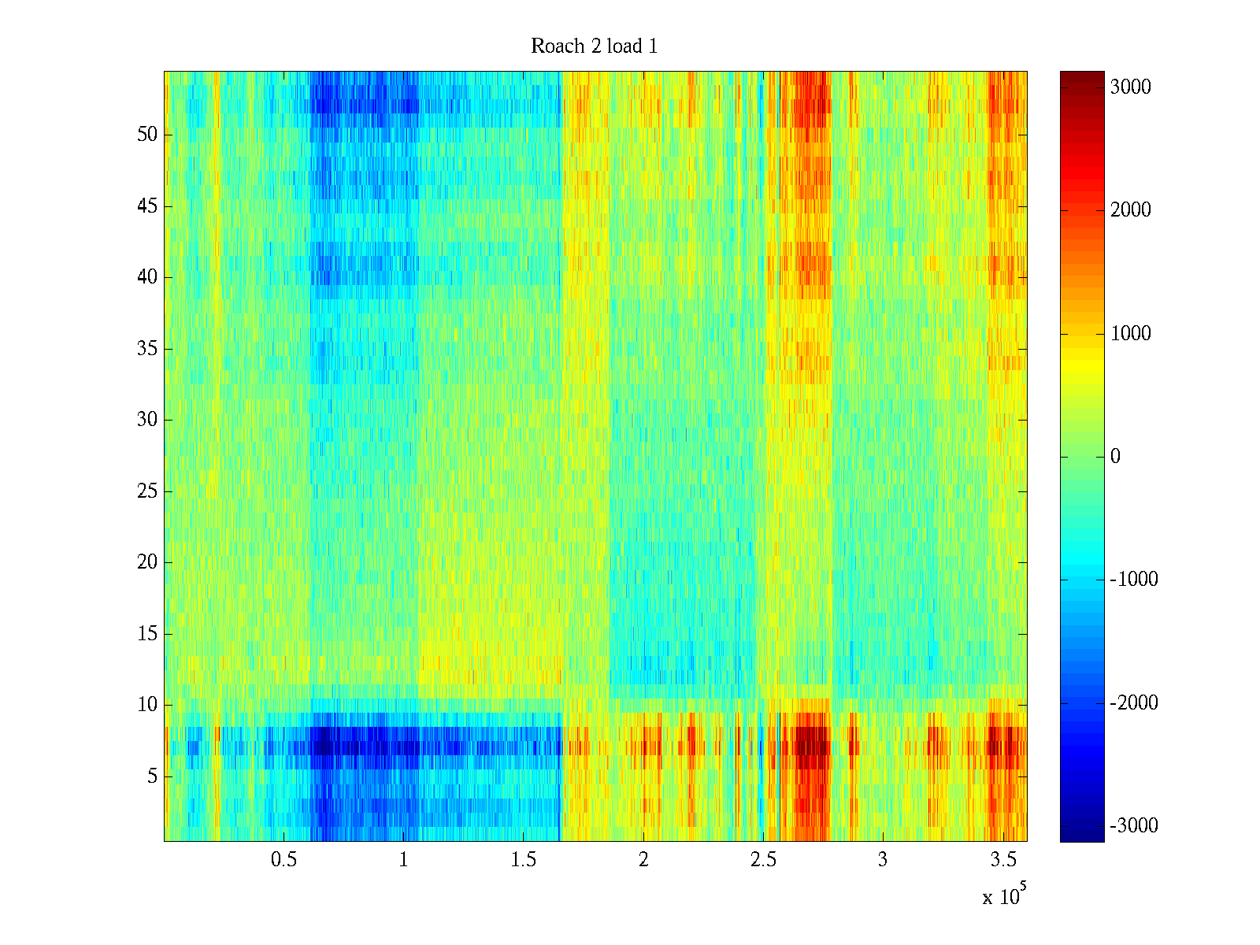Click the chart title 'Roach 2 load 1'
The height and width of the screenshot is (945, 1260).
(594, 46)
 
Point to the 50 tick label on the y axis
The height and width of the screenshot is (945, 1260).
(147, 135)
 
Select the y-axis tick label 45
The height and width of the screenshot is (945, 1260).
(147, 206)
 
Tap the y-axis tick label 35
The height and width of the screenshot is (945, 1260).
(147, 349)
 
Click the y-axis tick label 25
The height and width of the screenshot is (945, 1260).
(147, 491)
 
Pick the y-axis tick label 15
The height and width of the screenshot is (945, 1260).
(147, 634)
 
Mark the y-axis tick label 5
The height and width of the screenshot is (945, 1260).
(152, 776)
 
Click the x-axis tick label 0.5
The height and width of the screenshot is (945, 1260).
(283, 860)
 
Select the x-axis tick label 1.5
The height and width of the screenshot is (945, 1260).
(523, 860)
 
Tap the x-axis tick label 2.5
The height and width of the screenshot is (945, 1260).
(762, 860)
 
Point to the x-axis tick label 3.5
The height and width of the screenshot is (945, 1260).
(1002, 860)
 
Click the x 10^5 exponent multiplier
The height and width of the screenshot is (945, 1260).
(1004, 895)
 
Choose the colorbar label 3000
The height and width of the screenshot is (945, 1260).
(1130, 87)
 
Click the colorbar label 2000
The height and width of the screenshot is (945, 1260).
(1130, 210)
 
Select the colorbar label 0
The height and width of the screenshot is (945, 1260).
(1115, 457)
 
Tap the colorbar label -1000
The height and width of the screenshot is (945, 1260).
(1133, 580)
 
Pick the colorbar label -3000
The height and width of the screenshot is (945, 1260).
(1133, 826)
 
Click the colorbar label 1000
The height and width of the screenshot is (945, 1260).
(1130, 334)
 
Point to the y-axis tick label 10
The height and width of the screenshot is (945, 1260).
(147, 705)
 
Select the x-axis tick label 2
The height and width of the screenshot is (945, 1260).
(643, 860)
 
